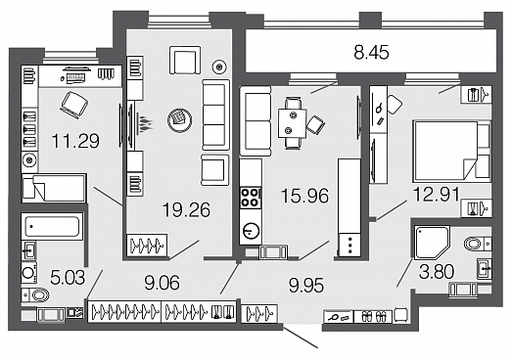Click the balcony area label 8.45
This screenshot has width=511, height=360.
(x=371, y=53)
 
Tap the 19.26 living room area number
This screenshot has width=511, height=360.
(x=186, y=209)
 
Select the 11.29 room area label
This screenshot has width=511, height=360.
(x=75, y=141)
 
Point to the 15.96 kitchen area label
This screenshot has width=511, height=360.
(x=304, y=196)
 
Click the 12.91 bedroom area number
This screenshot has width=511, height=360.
(x=437, y=195)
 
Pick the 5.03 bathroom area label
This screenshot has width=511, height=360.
(x=68, y=278)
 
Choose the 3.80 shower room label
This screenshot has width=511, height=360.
(x=437, y=272)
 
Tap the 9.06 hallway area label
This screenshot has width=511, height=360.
(x=162, y=283)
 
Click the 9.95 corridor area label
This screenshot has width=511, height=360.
(x=306, y=286)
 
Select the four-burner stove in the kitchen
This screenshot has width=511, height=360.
(x=251, y=198)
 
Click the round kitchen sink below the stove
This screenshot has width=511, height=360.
(x=251, y=231)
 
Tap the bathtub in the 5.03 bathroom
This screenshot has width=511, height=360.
(x=52, y=226)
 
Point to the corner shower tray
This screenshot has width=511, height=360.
(x=432, y=243)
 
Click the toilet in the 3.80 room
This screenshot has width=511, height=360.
(x=478, y=244)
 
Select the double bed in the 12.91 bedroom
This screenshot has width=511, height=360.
(x=451, y=151)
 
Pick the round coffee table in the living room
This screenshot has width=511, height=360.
(x=179, y=120)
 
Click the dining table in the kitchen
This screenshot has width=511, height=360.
(x=292, y=123)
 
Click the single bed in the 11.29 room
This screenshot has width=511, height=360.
(x=54, y=188)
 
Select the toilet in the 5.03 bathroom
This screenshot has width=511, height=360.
(x=35, y=295)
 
